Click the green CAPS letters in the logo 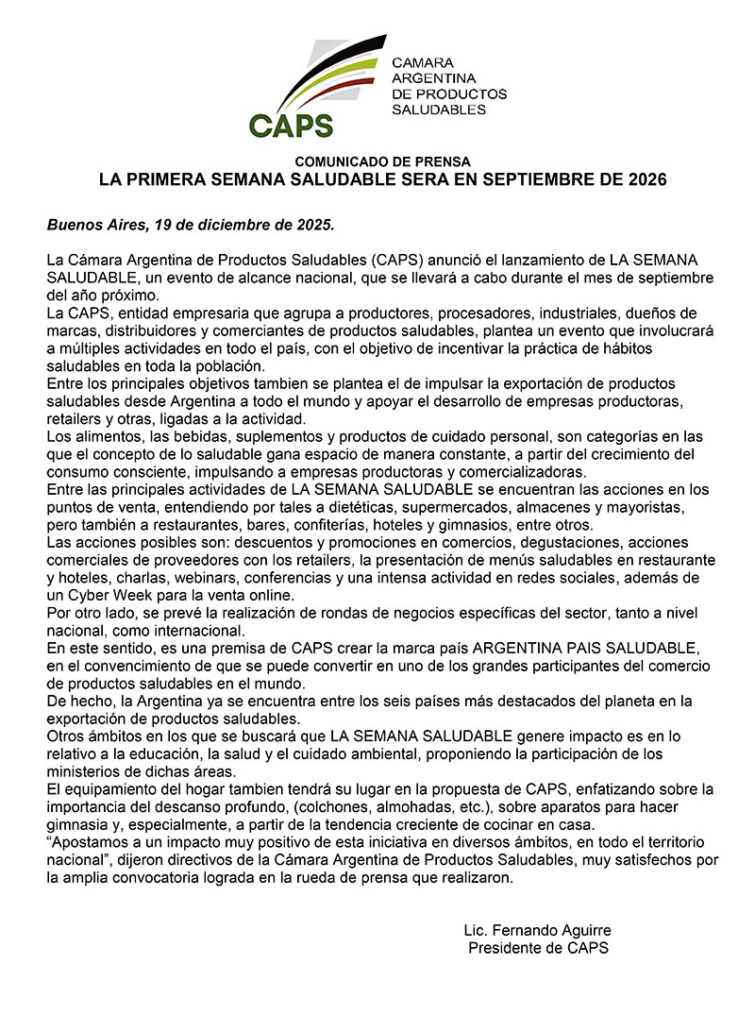291,124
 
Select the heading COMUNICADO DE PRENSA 382,161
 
